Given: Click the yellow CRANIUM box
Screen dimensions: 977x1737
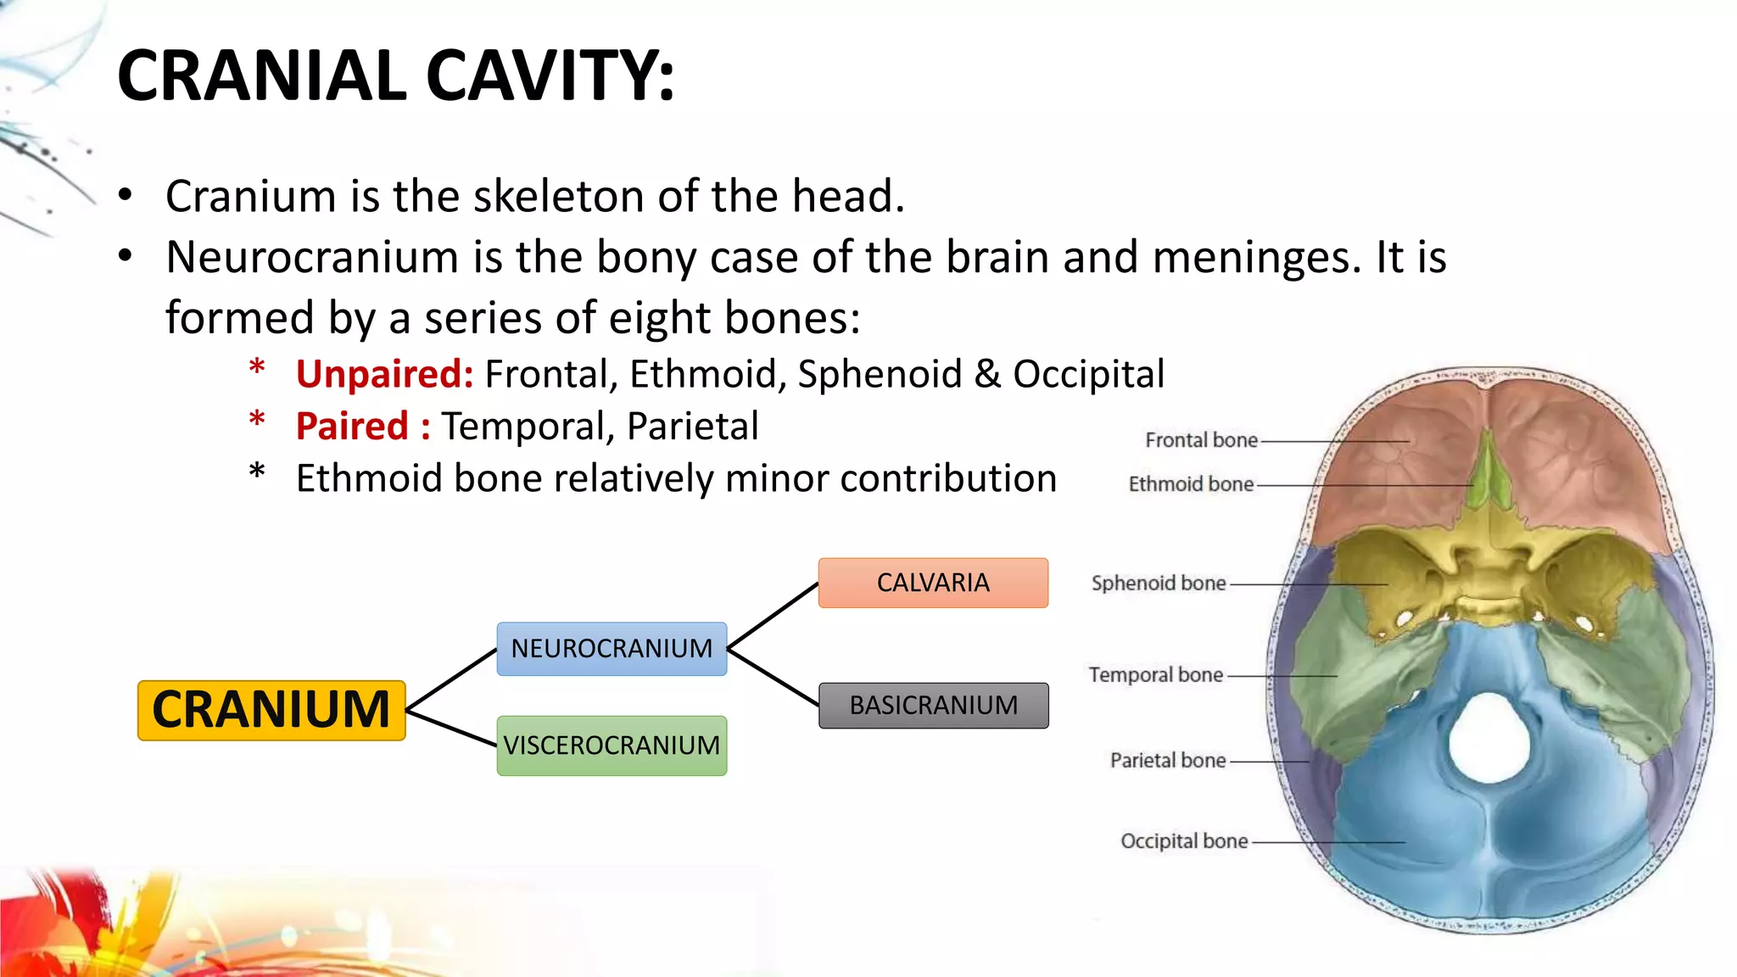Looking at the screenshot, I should coord(271,710).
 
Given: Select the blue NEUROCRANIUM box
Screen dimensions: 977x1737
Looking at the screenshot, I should coord(612,649).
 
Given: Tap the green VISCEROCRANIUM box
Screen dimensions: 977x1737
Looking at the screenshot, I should coord(612,745).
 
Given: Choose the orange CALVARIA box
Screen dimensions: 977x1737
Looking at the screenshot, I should coord(933,583).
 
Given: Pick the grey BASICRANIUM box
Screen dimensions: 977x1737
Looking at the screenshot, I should coord(933,706).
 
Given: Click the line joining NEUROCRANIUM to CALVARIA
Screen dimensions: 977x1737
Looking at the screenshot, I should coord(773,616).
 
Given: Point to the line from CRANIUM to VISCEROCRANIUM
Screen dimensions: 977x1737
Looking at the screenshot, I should coord(451,728).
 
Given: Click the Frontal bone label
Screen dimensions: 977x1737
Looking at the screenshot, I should coord(1201,440).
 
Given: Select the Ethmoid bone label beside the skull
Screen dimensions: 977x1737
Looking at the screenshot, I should coord(1191,484).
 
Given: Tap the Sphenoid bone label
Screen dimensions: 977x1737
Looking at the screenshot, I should coord(1159,583).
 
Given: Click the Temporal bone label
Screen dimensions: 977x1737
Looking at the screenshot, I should coord(1156,675).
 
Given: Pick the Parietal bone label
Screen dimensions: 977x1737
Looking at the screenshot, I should coord(1168,761).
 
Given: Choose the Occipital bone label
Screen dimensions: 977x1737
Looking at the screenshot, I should coord(1184,841).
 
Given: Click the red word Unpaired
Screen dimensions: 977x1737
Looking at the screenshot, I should coord(383,374).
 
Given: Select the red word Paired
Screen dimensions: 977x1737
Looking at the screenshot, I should coord(353,426).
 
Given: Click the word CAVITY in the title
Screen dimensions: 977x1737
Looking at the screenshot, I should coord(550,76).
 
